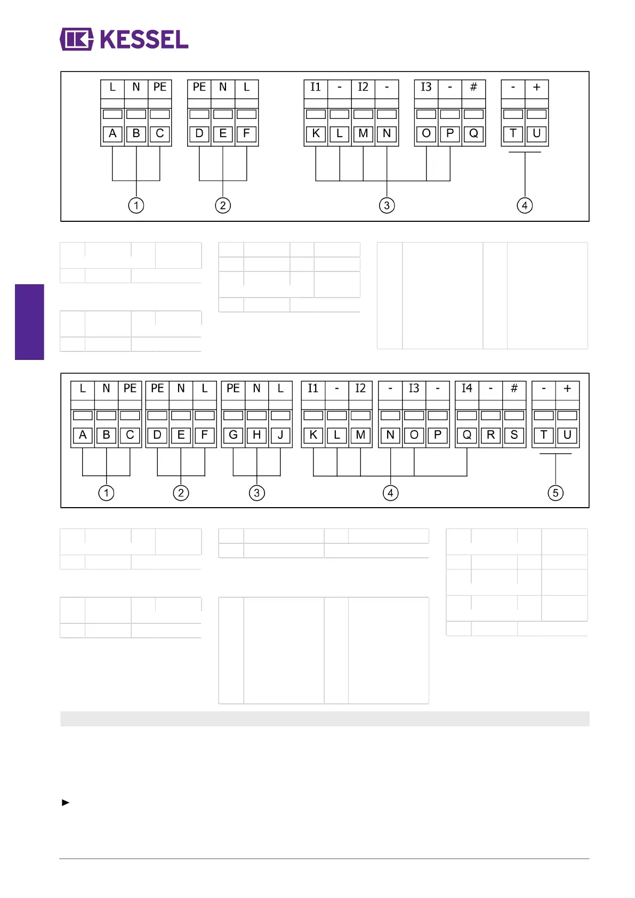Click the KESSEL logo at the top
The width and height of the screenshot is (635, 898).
tap(124, 39)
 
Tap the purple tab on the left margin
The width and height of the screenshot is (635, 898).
tap(29, 322)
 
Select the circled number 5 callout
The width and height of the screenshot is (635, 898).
tap(555, 493)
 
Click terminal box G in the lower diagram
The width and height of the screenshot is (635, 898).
tap(233, 435)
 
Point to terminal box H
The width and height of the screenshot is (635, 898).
tap(256, 435)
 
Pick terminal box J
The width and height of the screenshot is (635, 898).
tap(280, 435)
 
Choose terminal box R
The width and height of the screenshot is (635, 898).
tap(491, 435)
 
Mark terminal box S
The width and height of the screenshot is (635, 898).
tap(514, 435)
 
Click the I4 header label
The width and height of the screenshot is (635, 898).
tap(467, 388)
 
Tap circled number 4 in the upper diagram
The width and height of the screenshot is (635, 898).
tap(525, 205)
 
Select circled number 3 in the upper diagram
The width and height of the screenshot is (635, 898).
tap(387, 205)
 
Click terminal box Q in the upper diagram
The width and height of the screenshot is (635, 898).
tap(473, 133)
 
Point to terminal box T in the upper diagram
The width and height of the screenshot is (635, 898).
tap(513, 133)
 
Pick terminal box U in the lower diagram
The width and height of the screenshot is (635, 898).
tap(567, 435)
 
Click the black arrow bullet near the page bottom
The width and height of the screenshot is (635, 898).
tap(66, 803)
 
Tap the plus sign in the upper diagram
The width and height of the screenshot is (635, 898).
tap(536, 87)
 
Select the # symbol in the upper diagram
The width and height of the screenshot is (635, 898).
tap(473, 87)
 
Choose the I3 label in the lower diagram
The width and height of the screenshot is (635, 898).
tap(414, 388)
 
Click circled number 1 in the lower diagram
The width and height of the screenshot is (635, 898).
tap(106, 493)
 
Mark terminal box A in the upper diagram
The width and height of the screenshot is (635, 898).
tap(112, 133)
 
